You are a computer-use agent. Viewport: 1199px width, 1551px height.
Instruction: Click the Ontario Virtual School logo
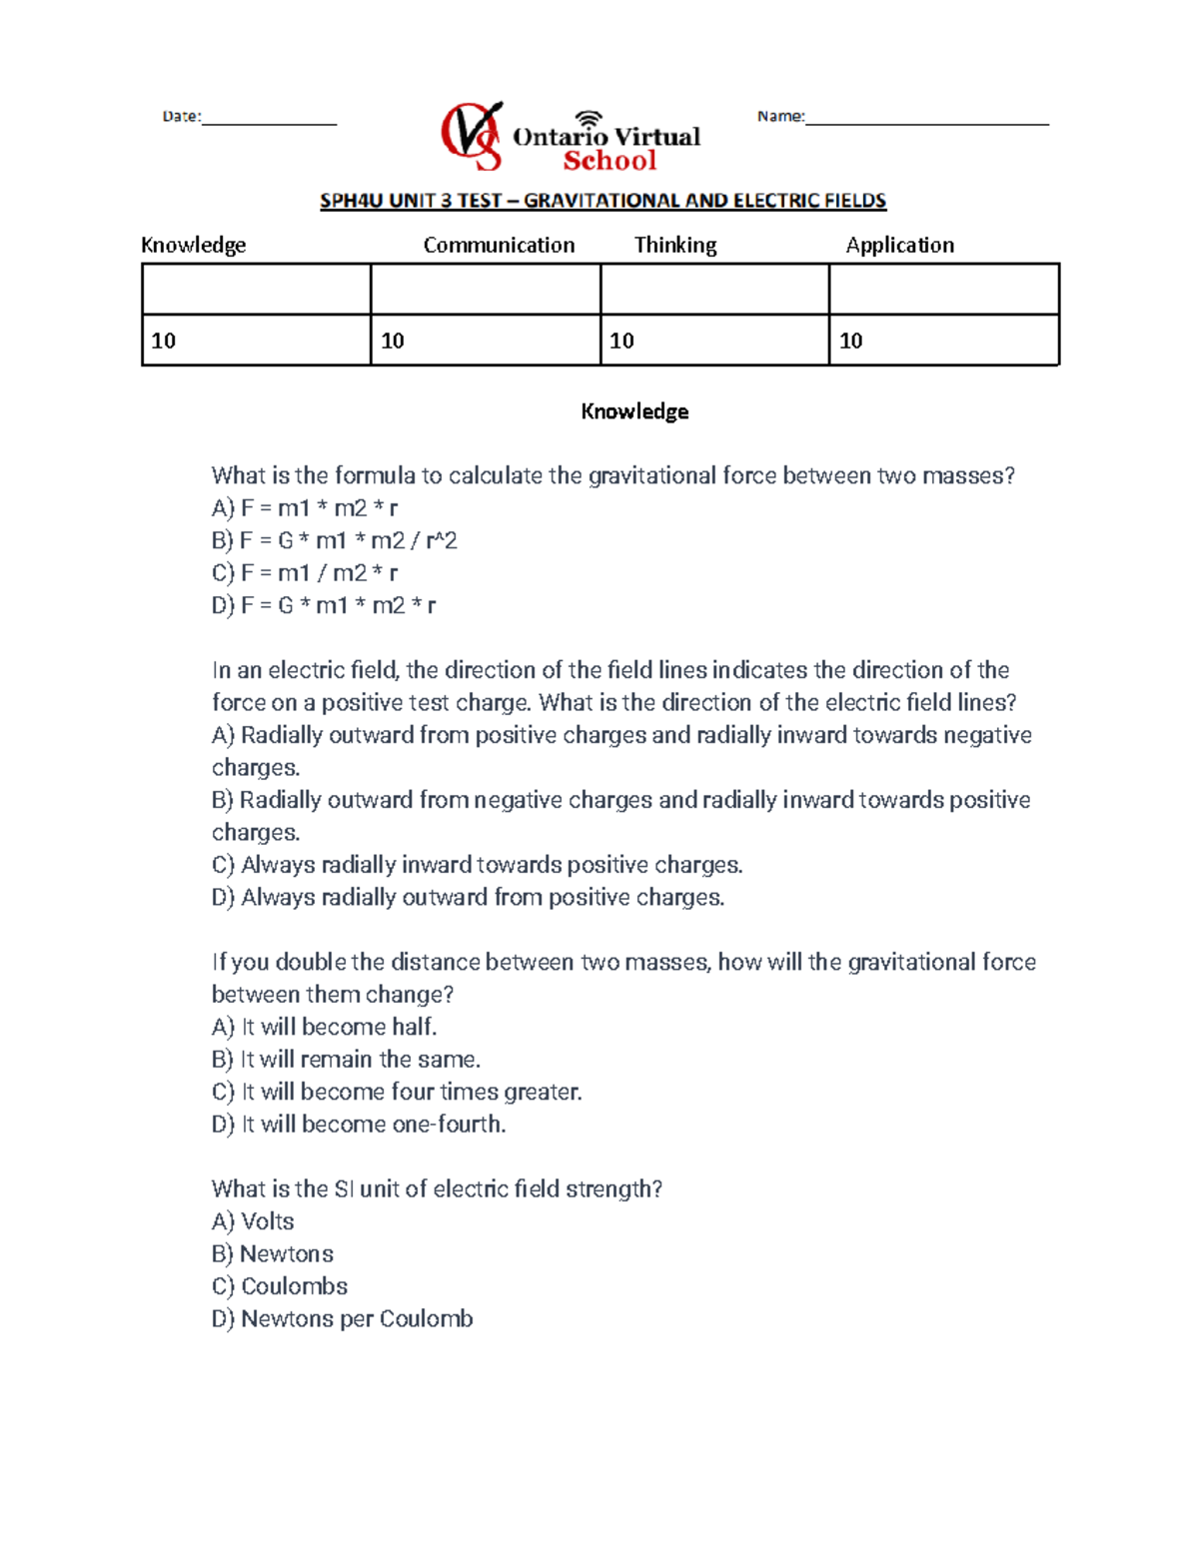(x=571, y=137)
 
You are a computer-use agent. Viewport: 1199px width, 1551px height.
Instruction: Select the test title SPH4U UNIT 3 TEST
(x=602, y=201)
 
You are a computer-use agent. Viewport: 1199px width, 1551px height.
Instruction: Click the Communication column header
(x=499, y=245)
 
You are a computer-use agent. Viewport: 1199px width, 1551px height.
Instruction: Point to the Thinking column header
(x=675, y=245)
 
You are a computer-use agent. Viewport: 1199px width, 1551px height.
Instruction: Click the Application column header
(x=899, y=245)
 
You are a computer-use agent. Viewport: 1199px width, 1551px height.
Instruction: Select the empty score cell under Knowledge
(x=256, y=290)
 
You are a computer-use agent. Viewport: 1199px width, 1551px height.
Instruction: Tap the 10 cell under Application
(x=943, y=341)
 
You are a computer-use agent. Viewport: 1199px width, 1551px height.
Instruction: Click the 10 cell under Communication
(x=485, y=341)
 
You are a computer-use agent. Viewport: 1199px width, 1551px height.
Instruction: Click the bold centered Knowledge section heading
(x=634, y=411)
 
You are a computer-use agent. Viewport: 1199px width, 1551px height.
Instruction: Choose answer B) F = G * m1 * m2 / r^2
(x=334, y=540)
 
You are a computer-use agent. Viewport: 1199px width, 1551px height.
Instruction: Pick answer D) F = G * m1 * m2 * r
(x=324, y=605)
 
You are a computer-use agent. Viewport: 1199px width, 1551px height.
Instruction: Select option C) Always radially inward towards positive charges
(x=477, y=865)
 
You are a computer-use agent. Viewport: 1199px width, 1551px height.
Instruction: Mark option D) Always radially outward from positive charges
(x=468, y=898)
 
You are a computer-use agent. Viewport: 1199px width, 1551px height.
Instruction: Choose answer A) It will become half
(x=324, y=1027)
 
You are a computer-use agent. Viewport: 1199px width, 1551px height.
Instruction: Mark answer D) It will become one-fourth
(x=359, y=1125)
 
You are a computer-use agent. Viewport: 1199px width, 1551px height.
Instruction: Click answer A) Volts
(x=253, y=1221)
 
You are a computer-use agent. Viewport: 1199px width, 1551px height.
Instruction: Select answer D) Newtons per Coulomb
(x=342, y=1319)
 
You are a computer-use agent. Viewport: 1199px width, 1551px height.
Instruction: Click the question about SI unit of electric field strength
(x=437, y=1189)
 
